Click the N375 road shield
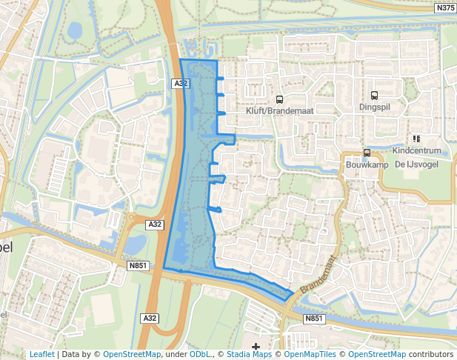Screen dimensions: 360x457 (x=445, y=7)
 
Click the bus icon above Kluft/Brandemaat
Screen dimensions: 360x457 (x=279, y=99)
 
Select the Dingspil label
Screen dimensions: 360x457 (x=374, y=107)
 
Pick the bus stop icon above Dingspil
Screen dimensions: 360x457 (x=374, y=95)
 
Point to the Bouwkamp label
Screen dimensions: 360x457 (x=363, y=165)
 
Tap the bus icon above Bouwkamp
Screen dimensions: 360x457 (x=367, y=153)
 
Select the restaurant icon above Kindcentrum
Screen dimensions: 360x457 (x=416, y=138)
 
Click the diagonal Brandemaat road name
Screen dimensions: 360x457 (x=318, y=274)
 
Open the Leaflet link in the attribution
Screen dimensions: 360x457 (x=41, y=355)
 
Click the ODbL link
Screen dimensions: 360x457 (x=200, y=355)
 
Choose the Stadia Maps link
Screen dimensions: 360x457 (x=250, y=355)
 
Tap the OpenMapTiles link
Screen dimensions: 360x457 (x=307, y=355)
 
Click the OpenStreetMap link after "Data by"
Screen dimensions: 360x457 (x=132, y=355)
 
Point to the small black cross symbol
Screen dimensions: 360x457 (x=256, y=346)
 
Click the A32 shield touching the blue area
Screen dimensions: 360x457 (x=181, y=84)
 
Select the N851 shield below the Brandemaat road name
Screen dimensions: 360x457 (x=314, y=319)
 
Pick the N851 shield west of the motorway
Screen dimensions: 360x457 (x=138, y=264)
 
